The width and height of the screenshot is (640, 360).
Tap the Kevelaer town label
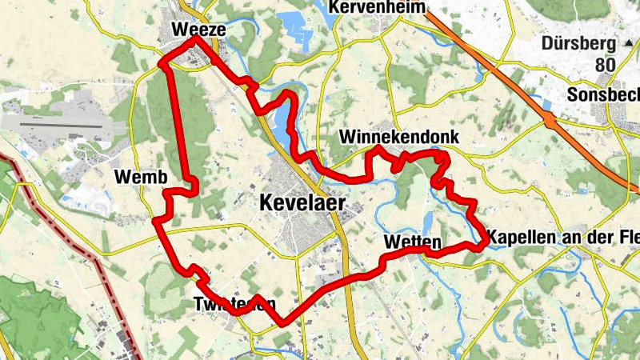302,203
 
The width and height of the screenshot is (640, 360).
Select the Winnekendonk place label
399,137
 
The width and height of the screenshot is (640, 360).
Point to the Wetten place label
413,242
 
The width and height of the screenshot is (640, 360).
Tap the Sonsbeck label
604,94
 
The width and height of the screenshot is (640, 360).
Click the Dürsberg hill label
578,43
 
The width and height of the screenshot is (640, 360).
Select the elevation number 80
606,64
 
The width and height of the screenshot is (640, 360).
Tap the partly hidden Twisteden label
234,305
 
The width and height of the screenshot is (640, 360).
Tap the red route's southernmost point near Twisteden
282,323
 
